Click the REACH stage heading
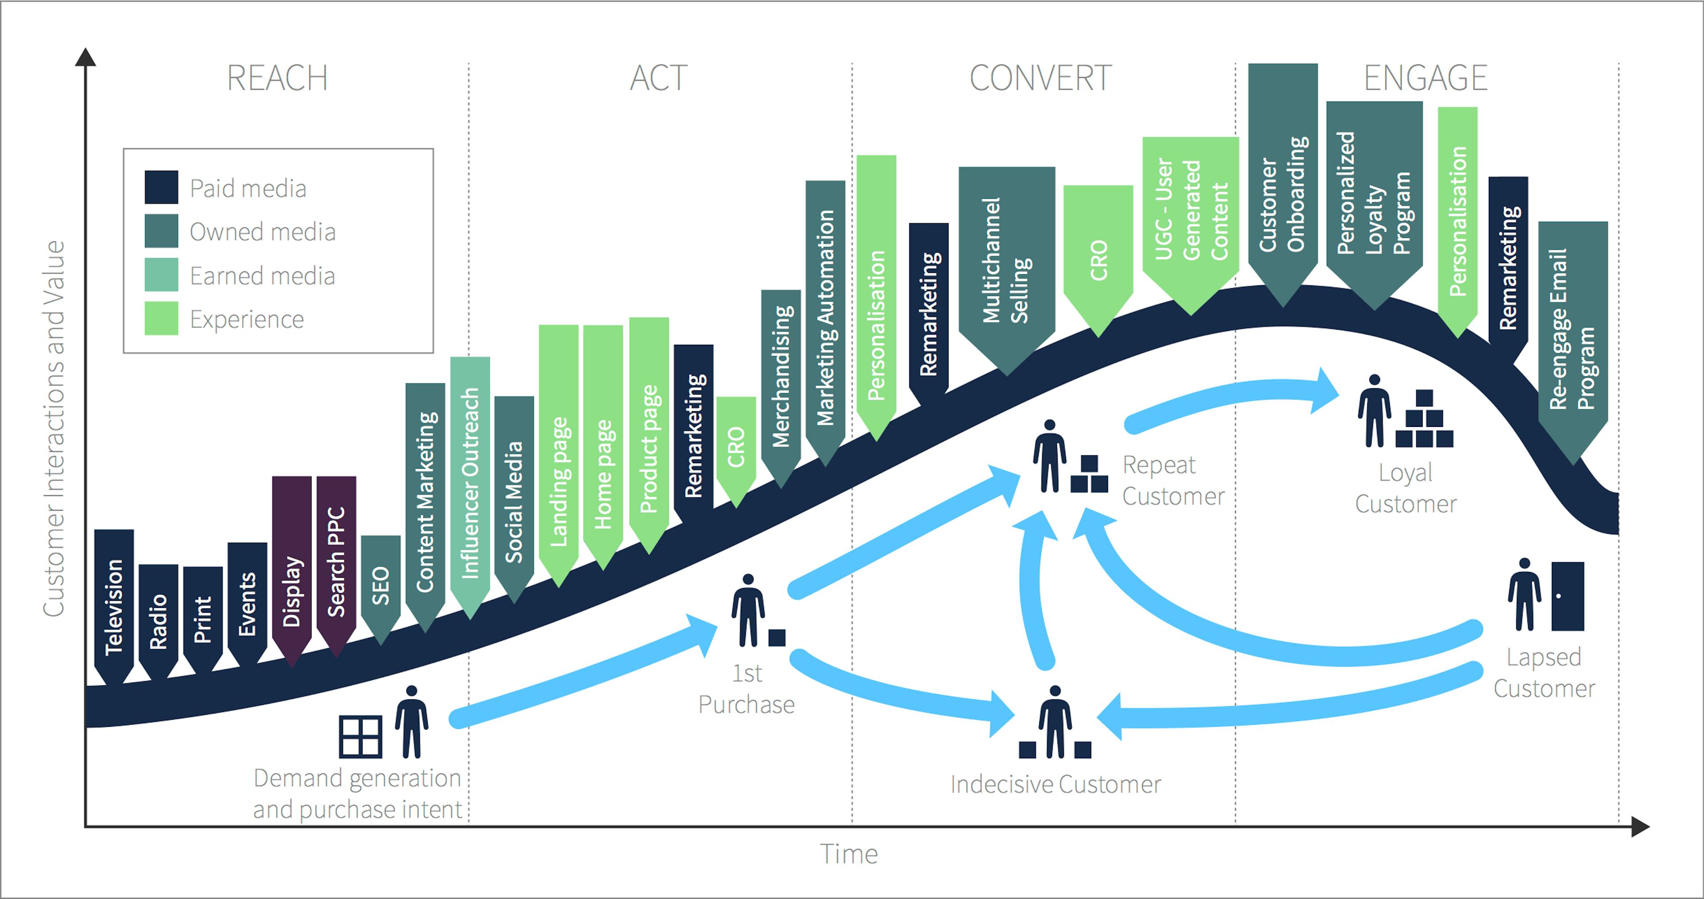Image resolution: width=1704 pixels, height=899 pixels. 277,78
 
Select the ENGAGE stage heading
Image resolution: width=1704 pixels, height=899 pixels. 1425,78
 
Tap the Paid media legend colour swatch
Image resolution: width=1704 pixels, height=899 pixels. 162,187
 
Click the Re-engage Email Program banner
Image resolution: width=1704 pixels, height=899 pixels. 1572,331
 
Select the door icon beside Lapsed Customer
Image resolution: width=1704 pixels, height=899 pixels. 1567,596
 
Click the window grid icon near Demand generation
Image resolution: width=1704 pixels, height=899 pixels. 360,736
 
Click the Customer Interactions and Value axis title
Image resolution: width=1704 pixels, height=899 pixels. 54,429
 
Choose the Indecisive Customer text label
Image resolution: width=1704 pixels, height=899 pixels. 1055,785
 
